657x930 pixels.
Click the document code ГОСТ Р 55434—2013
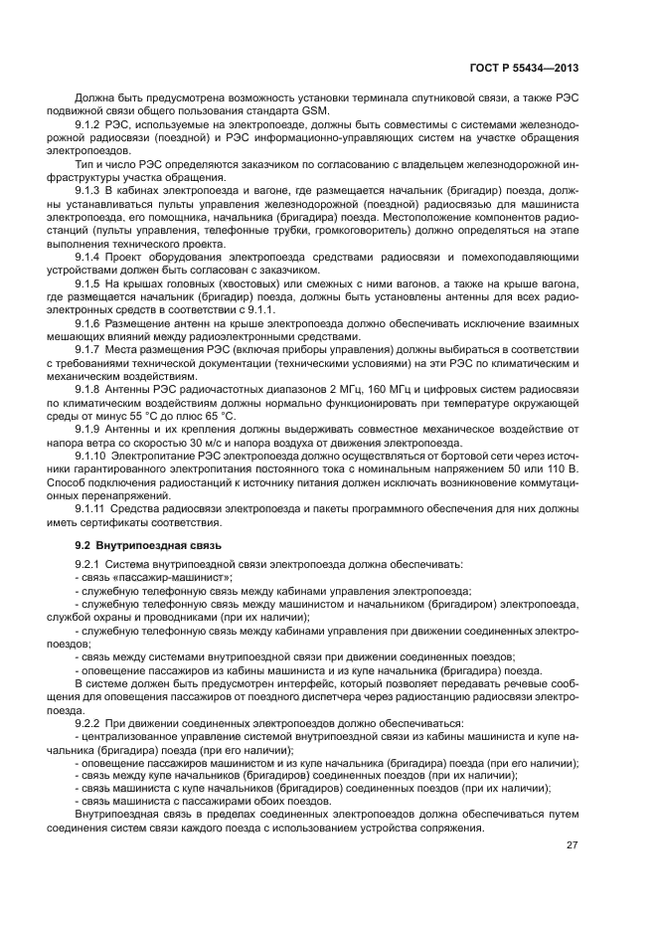pyautogui.click(x=524, y=69)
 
